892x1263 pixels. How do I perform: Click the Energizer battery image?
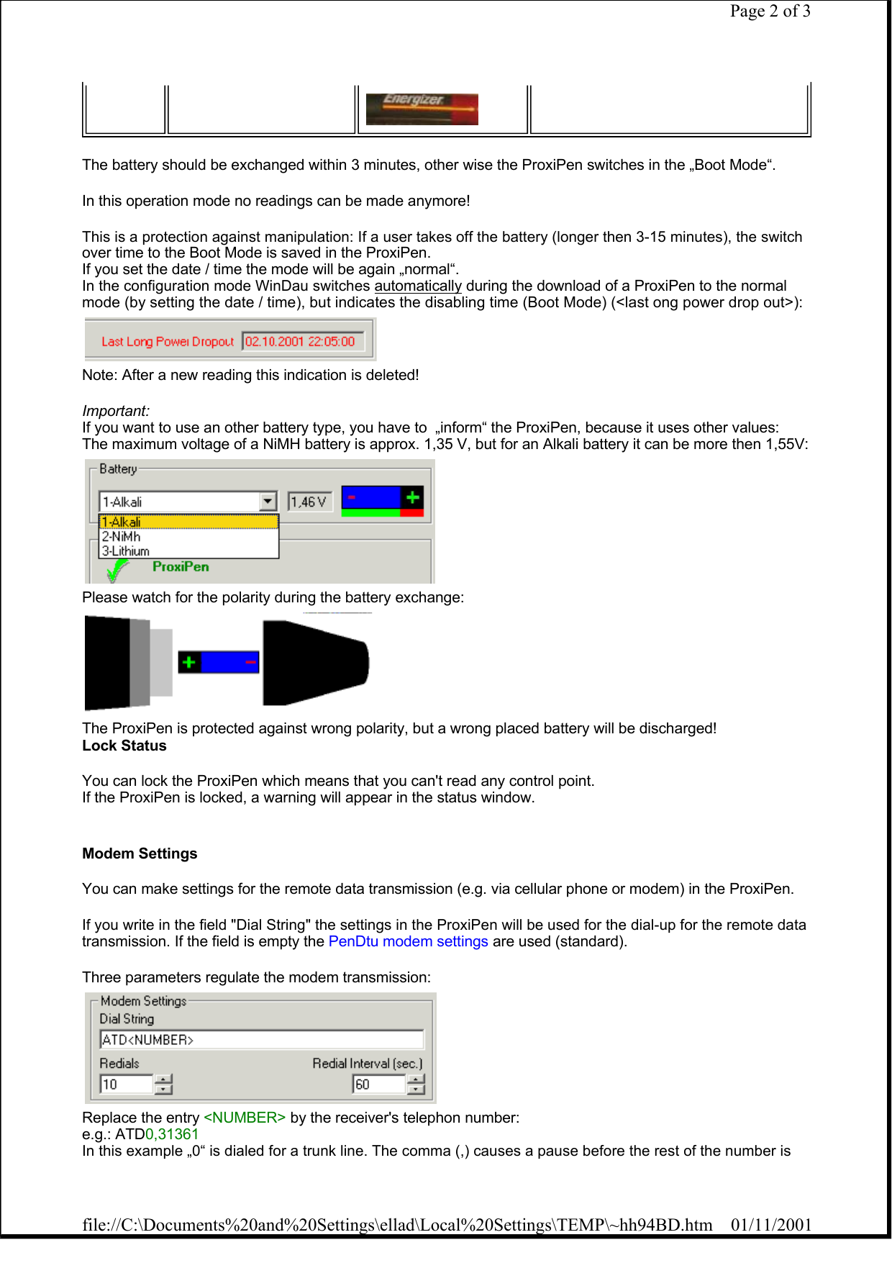tap(422, 109)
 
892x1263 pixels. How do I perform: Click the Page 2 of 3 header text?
tap(770, 11)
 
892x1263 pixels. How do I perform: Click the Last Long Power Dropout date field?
tap(302, 341)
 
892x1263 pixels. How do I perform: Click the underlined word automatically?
tap(417, 286)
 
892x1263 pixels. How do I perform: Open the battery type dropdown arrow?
tap(268, 501)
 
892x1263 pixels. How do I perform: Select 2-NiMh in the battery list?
tap(121, 537)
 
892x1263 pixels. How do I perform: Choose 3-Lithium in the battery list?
tap(126, 551)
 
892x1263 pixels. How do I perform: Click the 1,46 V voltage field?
tap(309, 502)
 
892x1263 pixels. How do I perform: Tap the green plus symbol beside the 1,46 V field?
tap(412, 497)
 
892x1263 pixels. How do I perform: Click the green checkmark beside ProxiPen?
tap(116, 570)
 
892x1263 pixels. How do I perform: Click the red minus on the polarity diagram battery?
tap(250, 662)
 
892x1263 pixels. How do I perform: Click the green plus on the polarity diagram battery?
tap(189, 662)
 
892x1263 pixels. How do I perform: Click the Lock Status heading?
tap(124, 746)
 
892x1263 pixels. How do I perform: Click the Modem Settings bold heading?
tap(140, 854)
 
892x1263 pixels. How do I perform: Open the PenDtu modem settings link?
tap(408, 941)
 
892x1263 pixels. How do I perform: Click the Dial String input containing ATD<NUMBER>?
tap(261, 1040)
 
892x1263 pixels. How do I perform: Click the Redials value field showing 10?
tap(126, 1084)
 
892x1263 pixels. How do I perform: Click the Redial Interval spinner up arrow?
tap(417, 1079)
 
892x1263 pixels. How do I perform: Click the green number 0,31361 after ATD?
tap(172, 1134)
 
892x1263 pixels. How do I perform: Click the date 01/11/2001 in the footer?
tap(770, 1225)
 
